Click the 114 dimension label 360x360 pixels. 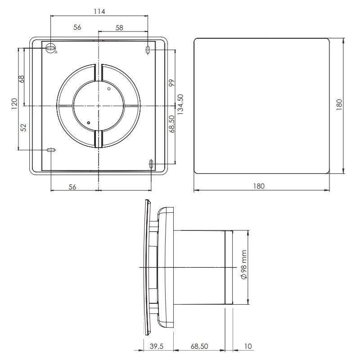tap(99, 12)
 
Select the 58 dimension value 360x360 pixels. tap(119, 27)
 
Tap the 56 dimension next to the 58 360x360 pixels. tap(77, 27)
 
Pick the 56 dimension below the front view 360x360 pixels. tap(72, 187)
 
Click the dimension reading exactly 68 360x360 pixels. tap(21, 78)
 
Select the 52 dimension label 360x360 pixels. tap(24, 128)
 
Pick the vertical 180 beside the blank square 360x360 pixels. tap(339, 105)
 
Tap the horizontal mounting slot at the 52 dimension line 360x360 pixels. tap(51, 150)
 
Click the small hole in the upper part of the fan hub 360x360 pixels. tap(108, 90)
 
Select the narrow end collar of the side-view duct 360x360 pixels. tap(229, 268)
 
